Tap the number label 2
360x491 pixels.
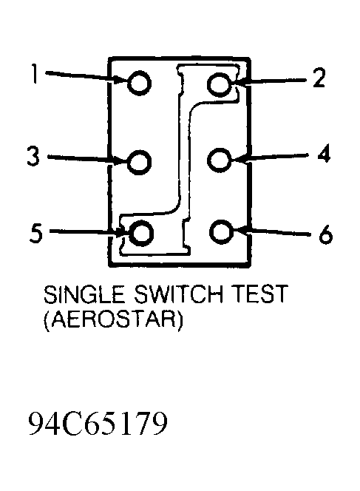[319, 78]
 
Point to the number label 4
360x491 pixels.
[325, 153]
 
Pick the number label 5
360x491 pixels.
[35, 232]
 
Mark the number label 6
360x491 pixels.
[325, 234]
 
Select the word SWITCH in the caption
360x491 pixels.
[178, 294]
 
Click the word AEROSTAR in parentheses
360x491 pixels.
[112, 319]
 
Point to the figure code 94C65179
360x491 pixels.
[98, 424]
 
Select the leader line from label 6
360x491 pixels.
[272, 231]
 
